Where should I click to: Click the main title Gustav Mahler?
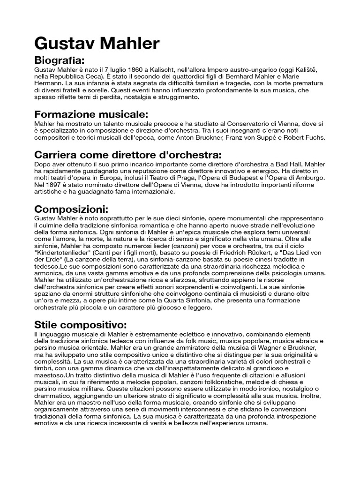coord(97,45)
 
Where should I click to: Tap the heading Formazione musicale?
coord(91,114)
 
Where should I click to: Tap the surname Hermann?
coord(49,83)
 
